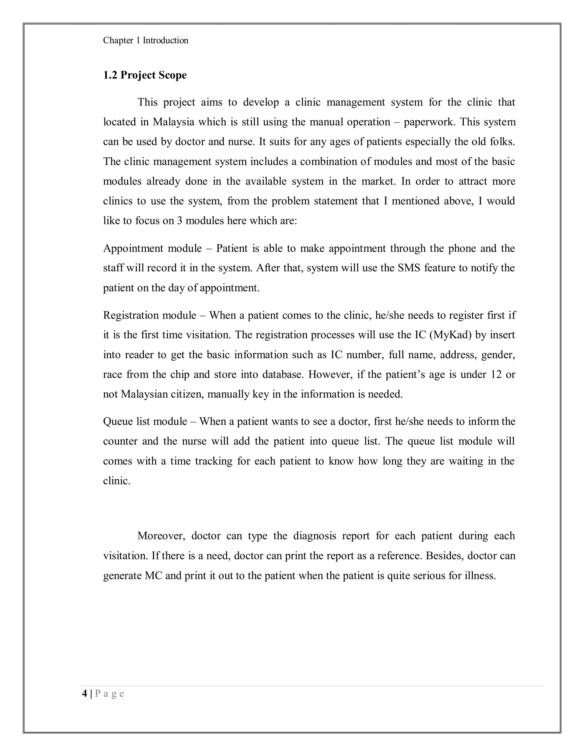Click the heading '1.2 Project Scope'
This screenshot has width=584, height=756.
pyautogui.click(x=145, y=75)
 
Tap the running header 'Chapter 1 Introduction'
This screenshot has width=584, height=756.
pyautogui.click(x=146, y=41)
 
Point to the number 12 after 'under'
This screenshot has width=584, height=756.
pyautogui.click(x=496, y=374)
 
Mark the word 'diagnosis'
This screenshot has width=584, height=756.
pyautogui.click(x=315, y=536)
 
